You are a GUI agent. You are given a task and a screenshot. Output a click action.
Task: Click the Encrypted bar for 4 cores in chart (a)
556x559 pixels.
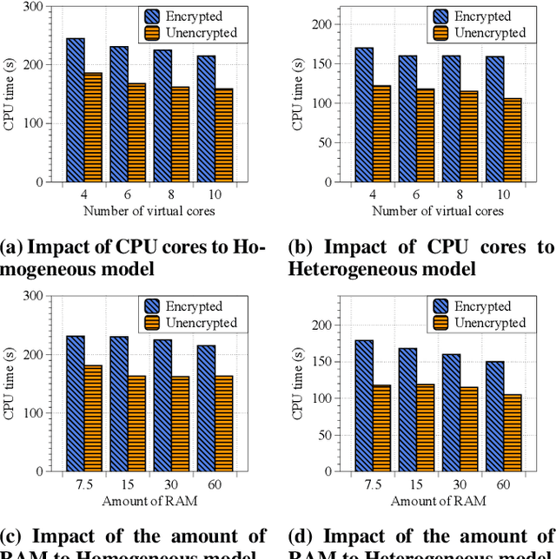click(76, 110)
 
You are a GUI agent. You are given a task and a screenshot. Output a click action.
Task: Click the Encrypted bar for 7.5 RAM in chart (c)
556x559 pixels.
click(76, 403)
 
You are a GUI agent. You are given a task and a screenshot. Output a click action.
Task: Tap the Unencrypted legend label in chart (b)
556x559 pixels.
click(490, 32)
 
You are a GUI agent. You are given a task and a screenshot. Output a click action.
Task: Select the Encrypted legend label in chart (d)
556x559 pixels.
click(482, 306)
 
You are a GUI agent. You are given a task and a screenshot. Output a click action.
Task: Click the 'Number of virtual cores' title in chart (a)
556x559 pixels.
click(149, 211)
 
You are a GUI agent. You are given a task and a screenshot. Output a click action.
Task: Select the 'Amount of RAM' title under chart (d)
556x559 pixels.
click(438, 501)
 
